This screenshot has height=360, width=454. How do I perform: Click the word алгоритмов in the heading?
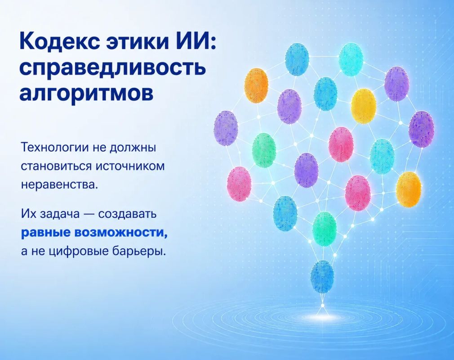coord(86,93)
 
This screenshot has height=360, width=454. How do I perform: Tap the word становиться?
coord(56,166)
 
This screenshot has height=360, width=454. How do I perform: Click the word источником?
coord(130,166)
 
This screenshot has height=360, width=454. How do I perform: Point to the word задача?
coord(59,214)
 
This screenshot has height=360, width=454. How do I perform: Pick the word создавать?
coord(127,214)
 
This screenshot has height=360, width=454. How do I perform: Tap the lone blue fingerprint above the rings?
coord(322,277)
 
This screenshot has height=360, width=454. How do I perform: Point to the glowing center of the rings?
coord(322,316)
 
